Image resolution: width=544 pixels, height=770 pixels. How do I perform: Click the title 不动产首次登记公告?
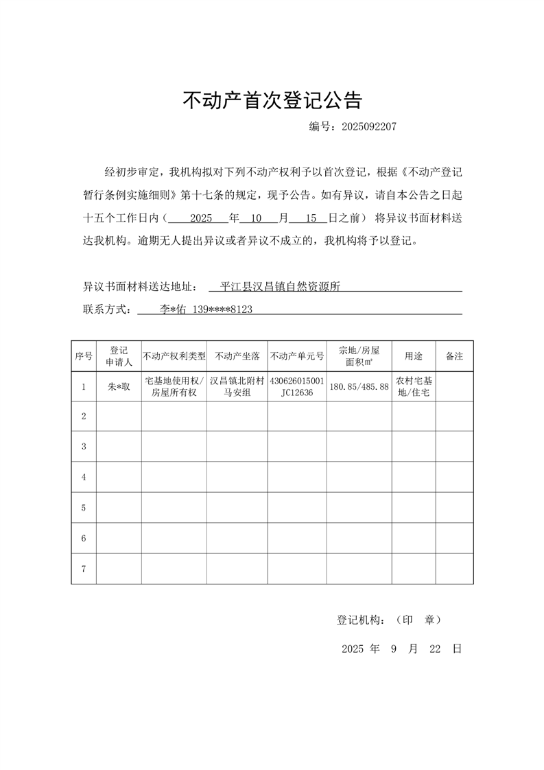pos(272,101)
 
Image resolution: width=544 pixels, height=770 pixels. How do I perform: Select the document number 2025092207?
pos(368,127)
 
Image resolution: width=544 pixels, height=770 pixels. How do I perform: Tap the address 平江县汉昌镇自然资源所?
pos(281,287)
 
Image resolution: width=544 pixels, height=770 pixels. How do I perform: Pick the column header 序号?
pos(84,356)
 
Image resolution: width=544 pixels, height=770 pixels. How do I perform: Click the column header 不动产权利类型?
pos(174,356)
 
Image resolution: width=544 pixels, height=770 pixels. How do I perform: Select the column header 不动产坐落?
pos(237,356)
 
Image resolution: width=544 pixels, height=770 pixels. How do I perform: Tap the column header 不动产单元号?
pos(297,356)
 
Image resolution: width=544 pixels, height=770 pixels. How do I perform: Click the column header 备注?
pos(454,356)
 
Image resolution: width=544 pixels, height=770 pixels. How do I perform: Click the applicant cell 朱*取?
pos(119,387)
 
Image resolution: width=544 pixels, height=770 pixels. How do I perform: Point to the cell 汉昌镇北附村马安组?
pos(237,387)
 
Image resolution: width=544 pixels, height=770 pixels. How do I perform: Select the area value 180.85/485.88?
pos(359,387)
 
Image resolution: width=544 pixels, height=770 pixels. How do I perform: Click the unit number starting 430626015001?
pos(297,381)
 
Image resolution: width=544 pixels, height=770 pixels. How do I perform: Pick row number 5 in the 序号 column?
pos(84,508)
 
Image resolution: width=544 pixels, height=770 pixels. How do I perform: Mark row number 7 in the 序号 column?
pos(84,569)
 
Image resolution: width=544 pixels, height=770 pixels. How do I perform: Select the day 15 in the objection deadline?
pos(311,219)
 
